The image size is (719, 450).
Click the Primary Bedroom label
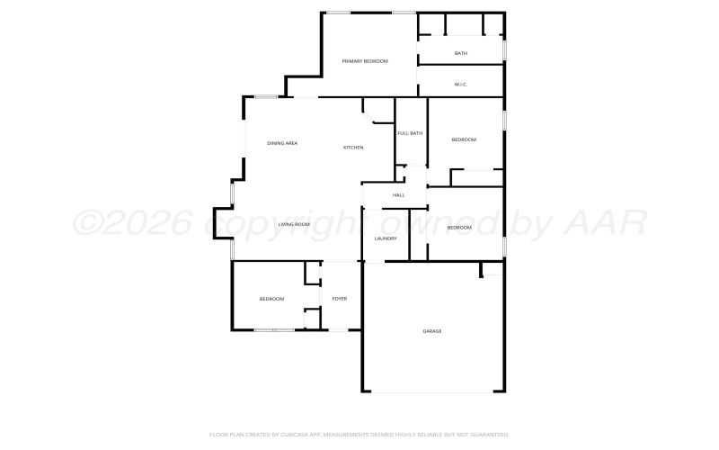pyautogui.click(x=365, y=61)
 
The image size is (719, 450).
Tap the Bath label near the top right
pyautogui.click(x=461, y=53)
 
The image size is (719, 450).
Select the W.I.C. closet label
pyautogui.click(x=461, y=85)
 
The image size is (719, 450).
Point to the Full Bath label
pyautogui.click(x=410, y=133)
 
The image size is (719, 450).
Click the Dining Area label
pyautogui.click(x=282, y=143)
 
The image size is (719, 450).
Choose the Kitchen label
pyautogui.click(x=353, y=147)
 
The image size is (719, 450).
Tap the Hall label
pyautogui.click(x=398, y=195)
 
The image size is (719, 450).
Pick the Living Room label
pyautogui.click(x=294, y=224)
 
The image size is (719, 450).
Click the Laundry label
pyautogui.click(x=386, y=238)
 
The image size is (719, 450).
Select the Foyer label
pyautogui.click(x=340, y=299)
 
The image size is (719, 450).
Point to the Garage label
pyautogui.click(x=432, y=331)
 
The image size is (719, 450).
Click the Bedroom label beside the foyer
pyautogui.click(x=272, y=299)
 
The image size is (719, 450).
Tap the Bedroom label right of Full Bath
pyautogui.click(x=464, y=139)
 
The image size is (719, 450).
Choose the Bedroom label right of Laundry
pyautogui.click(x=459, y=228)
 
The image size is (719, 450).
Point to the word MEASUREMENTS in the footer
pyautogui.click(x=341, y=434)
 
